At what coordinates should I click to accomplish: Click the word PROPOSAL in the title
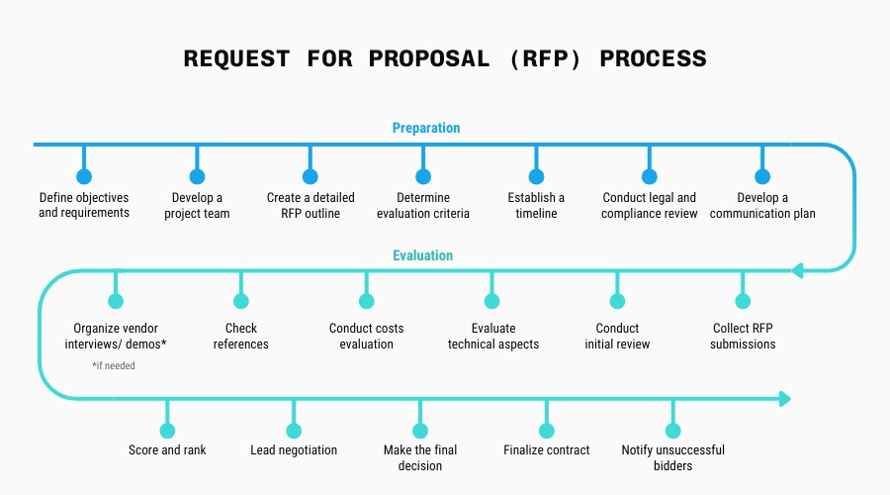(428, 58)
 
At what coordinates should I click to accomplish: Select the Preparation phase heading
(426, 128)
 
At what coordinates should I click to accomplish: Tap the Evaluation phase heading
(422, 255)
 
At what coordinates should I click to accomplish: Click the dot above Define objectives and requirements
(84, 177)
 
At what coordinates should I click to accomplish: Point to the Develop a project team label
(197, 206)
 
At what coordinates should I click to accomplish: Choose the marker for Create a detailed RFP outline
(311, 177)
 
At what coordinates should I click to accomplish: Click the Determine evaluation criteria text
(423, 206)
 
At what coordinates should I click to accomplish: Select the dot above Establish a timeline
(537, 177)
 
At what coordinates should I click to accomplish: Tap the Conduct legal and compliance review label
(650, 206)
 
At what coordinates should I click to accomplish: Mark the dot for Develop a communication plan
(762, 177)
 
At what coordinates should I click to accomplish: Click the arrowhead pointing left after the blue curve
(797, 270)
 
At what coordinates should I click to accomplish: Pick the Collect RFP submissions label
(743, 337)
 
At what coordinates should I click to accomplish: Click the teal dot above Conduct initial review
(618, 301)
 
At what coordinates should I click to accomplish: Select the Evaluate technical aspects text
(493, 337)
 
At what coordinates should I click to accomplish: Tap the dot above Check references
(241, 301)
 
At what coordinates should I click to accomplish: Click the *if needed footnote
(114, 365)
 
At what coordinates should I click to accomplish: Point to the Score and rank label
(167, 450)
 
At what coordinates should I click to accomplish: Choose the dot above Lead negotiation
(294, 431)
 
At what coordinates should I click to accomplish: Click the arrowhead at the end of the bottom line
(785, 399)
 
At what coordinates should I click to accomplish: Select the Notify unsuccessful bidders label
(673, 457)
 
